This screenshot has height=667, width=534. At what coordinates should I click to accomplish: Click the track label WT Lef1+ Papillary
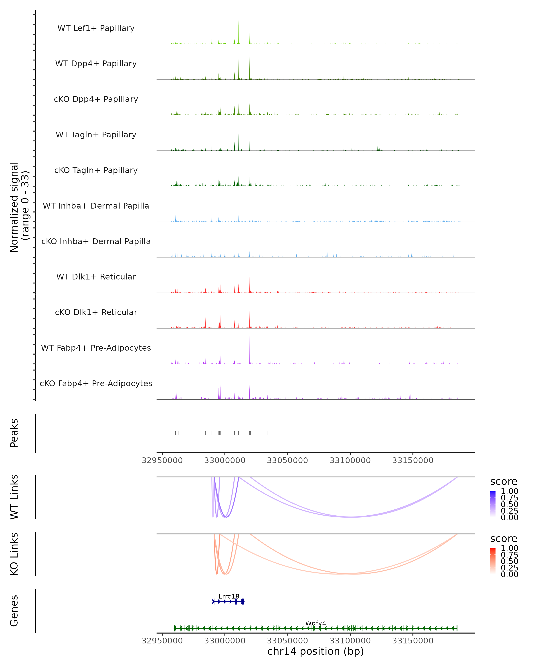tap(96, 28)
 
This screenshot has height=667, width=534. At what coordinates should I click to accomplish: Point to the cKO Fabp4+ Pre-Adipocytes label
tap(96, 383)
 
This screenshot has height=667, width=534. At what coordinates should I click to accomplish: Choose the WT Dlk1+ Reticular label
tap(96, 277)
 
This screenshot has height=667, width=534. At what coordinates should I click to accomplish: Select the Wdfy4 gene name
tap(316, 623)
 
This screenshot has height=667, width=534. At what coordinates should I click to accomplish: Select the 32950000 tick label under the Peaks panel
tap(162, 460)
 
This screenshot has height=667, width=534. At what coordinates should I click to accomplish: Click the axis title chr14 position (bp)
tap(316, 651)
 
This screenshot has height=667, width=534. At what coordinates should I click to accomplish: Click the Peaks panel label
tap(14, 433)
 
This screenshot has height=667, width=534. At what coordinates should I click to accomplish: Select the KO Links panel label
tap(14, 554)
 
